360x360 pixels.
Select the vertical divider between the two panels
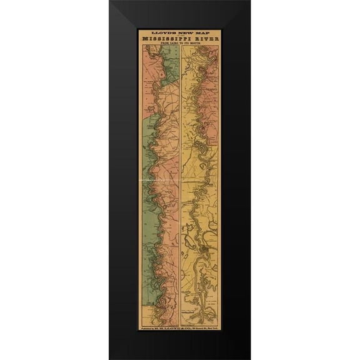180,187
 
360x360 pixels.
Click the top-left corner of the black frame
110,2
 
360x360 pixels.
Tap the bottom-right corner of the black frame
250,358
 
